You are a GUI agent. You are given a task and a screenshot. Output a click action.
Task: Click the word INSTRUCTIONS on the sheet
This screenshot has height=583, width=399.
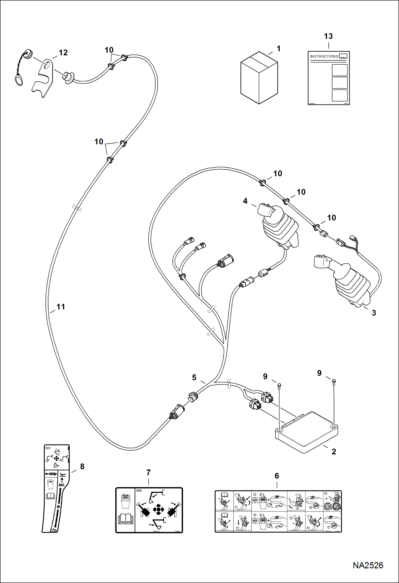(324, 56)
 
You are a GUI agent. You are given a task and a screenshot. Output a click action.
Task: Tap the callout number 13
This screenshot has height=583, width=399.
(328, 36)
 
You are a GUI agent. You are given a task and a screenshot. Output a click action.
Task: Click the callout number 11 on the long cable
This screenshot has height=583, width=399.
(61, 307)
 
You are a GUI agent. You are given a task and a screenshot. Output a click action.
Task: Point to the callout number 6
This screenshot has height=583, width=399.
(277, 476)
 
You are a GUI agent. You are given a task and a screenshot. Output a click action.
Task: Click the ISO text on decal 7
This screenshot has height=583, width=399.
(139, 490)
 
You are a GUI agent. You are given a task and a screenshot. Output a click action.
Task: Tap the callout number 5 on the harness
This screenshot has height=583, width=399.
(194, 378)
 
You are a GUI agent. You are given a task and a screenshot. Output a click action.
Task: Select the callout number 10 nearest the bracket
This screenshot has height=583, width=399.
(109, 50)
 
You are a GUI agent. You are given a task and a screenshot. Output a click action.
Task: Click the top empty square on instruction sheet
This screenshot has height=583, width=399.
(340, 70)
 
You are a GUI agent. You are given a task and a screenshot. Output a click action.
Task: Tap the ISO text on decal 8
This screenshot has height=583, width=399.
(48, 448)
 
